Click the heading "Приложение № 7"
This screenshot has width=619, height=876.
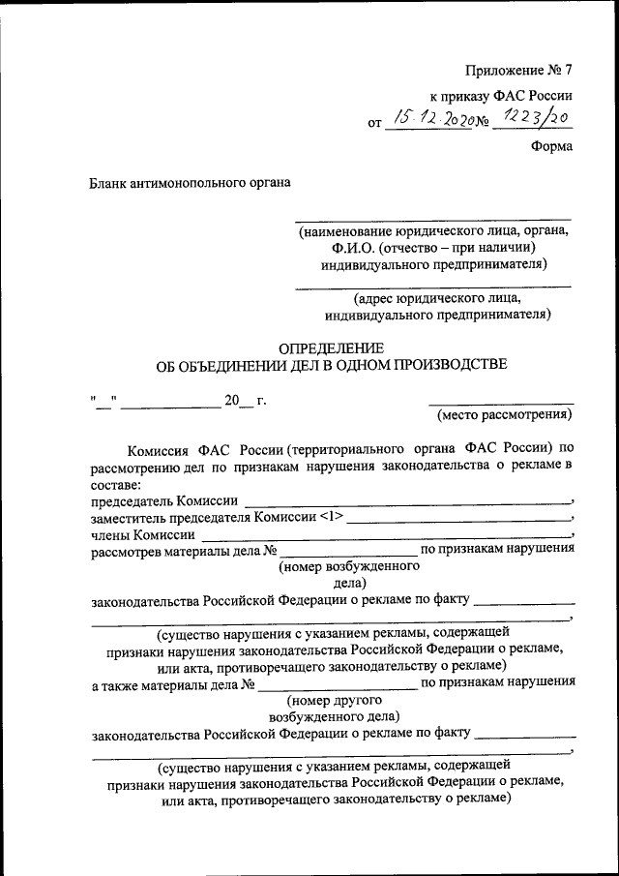[x=518, y=70]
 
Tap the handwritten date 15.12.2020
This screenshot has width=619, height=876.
[x=429, y=119]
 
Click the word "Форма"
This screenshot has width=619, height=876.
[x=551, y=146]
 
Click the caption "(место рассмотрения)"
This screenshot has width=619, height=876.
[x=504, y=415]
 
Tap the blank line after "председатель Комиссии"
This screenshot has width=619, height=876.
[x=407, y=501]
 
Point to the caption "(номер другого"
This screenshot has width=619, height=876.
[x=336, y=699]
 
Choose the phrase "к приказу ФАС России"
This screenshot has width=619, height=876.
[x=501, y=96]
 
